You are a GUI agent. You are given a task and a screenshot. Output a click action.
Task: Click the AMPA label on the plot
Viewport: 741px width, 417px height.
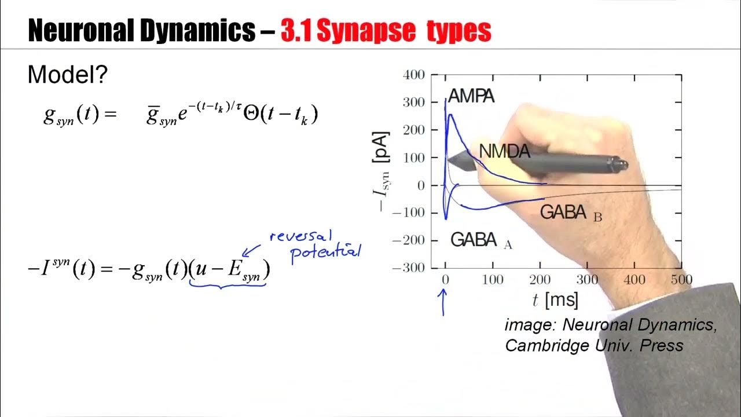pos(471,96)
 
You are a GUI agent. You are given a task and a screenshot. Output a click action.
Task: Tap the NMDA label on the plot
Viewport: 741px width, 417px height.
pos(504,151)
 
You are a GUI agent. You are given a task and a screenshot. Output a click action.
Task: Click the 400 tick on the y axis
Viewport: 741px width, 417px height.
pos(415,75)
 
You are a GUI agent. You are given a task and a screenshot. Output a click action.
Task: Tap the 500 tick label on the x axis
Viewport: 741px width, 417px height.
pos(681,280)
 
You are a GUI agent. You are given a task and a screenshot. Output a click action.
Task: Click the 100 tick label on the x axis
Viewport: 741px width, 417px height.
pos(493,280)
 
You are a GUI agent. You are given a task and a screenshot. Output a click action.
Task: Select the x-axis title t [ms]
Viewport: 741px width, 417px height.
pos(555,300)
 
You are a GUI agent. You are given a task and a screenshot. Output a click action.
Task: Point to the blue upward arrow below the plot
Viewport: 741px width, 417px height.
pos(444,302)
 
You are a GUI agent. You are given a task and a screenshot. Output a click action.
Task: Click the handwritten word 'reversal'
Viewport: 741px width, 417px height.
pos(302,236)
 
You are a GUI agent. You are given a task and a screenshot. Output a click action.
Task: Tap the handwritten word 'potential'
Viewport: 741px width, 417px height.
pos(325,252)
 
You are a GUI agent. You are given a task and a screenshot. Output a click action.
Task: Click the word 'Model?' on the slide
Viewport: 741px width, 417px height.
pos(68,75)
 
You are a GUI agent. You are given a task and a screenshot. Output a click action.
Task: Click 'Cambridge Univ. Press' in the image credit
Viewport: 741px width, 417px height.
pos(594,346)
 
